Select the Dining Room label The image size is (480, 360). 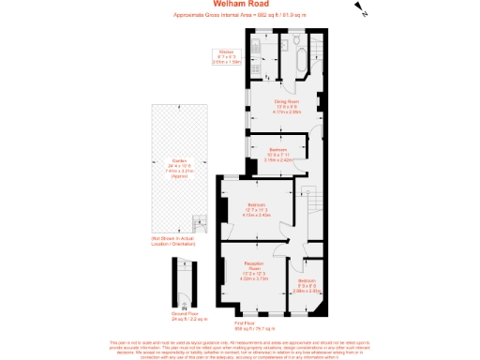[x=286, y=105]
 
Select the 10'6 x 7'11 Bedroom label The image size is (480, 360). [x=277, y=154]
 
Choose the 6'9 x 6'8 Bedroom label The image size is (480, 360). [x=306, y=286]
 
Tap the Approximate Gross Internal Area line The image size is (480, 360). [x=240, y=15]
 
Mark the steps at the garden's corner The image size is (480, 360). [x=200, y=224]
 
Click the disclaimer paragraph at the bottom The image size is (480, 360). [x=240, y=349]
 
